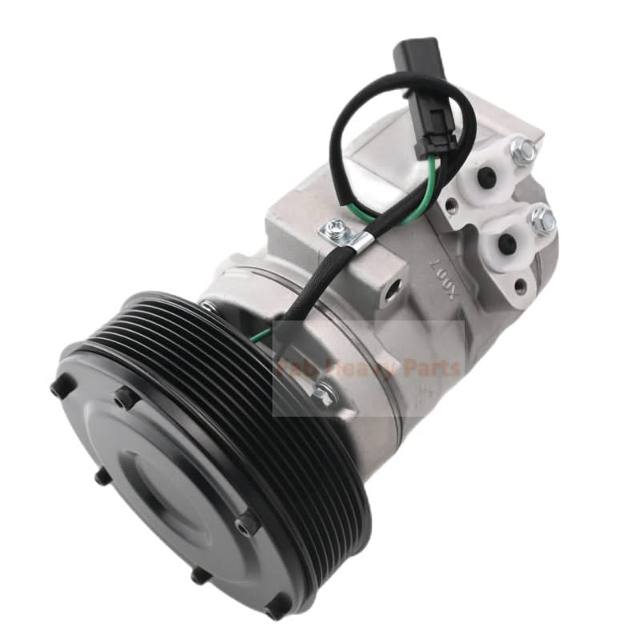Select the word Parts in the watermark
433,369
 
